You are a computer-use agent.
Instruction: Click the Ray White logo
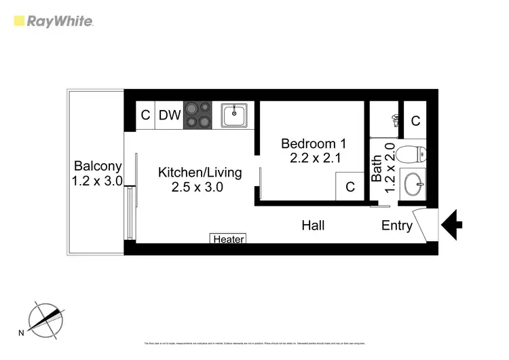click(54, 21)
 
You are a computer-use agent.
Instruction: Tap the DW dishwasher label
click(170, 115)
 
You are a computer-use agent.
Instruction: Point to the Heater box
click(228, 239)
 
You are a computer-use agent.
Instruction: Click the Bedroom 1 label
click(314, 144)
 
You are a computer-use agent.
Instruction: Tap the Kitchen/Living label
click(191, 173)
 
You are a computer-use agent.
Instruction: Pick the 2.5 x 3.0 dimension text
click(197, 187)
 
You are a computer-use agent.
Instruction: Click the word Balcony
click(98, 166)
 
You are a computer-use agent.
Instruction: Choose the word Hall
click(313, 226)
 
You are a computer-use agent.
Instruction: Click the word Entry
click(397, 226)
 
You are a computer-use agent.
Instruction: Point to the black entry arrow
click(452, 223)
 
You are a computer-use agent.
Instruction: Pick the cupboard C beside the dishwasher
click(145, 115)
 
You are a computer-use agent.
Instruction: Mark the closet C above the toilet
click(415, 122)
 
